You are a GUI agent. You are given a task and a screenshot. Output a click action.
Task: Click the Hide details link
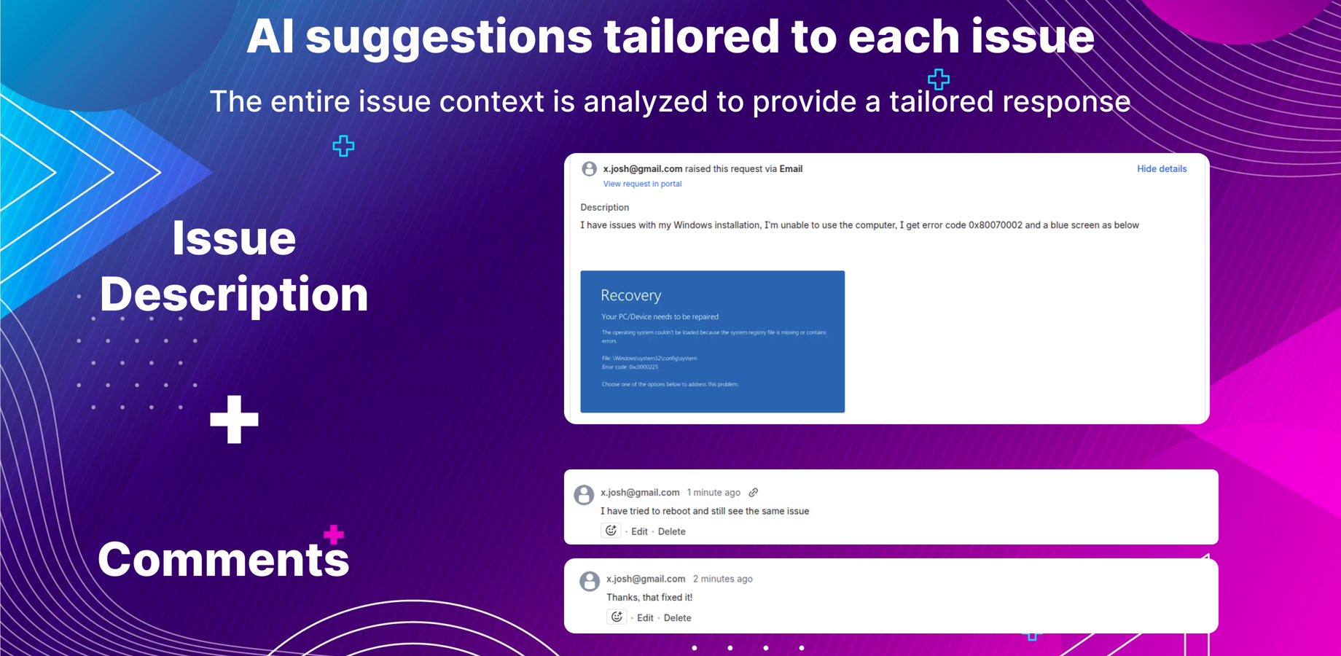(x=1161, y=169)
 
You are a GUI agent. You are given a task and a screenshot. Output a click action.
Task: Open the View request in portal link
(x=642, y=184)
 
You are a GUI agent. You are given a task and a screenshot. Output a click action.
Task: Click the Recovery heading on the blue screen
(x=630, y=295)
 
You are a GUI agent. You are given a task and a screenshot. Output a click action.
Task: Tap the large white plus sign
(x=234, y=419)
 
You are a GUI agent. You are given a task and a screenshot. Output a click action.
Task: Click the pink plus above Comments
(x=334, y=534)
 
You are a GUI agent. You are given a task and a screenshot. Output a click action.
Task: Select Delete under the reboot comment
(x=671, y=531)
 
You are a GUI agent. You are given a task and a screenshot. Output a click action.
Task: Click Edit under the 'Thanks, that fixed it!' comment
(x=645, y=618)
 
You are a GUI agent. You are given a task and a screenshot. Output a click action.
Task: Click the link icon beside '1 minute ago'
(x=754, y=493)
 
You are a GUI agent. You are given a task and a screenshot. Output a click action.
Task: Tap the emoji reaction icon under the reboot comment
(x=611, y=531)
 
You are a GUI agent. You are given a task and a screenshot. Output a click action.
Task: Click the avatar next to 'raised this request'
(x=589, y=169)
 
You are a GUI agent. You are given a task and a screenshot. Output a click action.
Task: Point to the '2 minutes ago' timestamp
(x=722, y=579)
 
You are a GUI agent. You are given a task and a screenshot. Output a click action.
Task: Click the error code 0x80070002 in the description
(x=995, y=225)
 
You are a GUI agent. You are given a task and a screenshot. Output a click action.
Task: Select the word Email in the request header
(x=791, y=169)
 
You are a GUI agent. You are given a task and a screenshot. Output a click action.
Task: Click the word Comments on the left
(x=223, y=559)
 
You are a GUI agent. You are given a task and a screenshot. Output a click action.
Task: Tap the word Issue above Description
(x=234, y=238)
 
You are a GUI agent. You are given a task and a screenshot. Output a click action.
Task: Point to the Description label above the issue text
(x=604, y=208)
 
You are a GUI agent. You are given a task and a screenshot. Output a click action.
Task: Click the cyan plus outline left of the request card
(x=343, y=146)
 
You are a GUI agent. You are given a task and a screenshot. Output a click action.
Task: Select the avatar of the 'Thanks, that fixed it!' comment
(x=590, y=581)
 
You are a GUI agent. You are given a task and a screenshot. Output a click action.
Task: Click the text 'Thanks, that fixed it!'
(x=649, y=598)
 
